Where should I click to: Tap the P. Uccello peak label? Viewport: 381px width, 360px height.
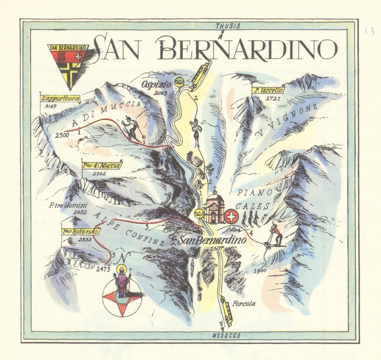click(x=268, y=90)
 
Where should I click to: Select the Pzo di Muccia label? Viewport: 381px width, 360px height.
click(x=102, y=166)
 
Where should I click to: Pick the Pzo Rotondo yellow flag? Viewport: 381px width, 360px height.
click(x=80, y=231)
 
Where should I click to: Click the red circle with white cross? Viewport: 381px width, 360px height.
click(x=231, y=217)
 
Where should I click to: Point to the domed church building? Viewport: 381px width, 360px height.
click(x=214, y=207)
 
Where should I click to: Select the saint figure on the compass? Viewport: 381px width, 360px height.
click(x=122, y=283)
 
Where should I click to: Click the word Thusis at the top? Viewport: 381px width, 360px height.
click(x=228, y=26)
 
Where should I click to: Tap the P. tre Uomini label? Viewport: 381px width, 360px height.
click(x=63, y=206)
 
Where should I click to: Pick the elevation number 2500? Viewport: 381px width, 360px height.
click(x=62, y=135)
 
